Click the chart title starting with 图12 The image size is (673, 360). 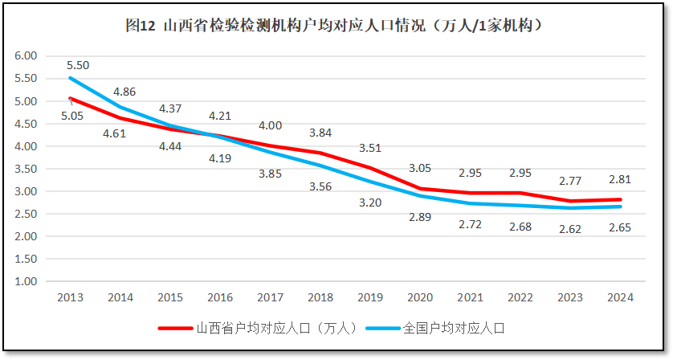[336, 26]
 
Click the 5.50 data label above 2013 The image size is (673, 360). [78, 65]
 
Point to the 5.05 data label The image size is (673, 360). [73, 116]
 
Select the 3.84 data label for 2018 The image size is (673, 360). [320, 133]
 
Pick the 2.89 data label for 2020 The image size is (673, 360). [420, 217]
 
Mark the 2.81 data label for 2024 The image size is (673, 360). [620, 180]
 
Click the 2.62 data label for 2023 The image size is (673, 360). [570, 227]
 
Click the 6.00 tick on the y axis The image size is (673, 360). [27, 55]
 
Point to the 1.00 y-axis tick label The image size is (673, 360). [27, 282]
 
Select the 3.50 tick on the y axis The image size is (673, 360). [27, 169]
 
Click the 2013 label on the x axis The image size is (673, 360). [70, 297]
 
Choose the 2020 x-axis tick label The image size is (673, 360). [420, 297]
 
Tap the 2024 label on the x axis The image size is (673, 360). [620, 297]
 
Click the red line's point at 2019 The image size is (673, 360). [370, 168]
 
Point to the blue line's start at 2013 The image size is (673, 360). [70, 78]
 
